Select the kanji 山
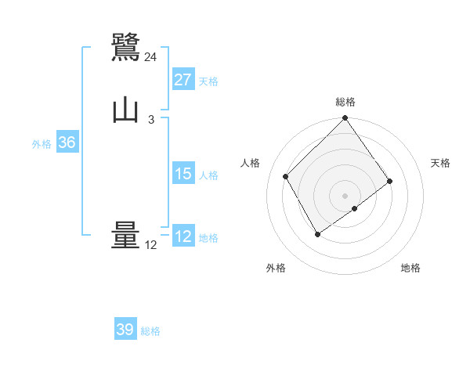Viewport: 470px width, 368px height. click(x=125, y=110)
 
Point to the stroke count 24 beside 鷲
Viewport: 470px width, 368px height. click(x=151, y=56)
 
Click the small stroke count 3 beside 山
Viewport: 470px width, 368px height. click(x=151, y=119)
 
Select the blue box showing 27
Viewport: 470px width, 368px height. click(x=183, y=80)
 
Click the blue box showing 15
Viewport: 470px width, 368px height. click(x=183, y=174)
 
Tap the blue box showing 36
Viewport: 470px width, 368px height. click(x=67, y=143)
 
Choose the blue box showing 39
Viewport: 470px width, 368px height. click(x=125, y=330)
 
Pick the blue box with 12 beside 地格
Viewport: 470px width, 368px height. click(x=183, y=236)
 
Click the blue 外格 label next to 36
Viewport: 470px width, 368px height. click(x=42, y=144)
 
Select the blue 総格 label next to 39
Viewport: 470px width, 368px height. click(x=150, y=331)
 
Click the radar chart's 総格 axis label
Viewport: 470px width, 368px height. click(x=345, y=102)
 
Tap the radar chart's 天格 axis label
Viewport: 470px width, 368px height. click(x=440, y=163)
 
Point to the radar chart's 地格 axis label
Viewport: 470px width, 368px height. click(x=410, y=268)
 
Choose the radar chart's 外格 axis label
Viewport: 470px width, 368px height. click(x=276, y=268)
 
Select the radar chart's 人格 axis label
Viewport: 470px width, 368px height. click(x=251, y=163)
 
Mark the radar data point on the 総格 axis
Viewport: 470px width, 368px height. click(x=345, y=119)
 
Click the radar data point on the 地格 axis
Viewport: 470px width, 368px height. click(x=355, y=208)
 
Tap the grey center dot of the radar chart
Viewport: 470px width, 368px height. click(x=345, y=195)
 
